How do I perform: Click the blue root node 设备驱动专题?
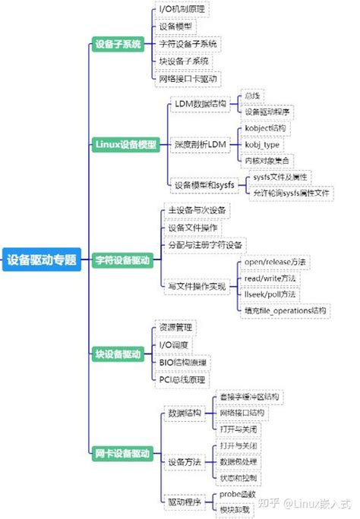(x=42, y=260)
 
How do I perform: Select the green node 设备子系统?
(x=118, y=44)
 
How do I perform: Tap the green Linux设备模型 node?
(x=126, y=144)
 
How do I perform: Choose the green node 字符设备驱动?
(x=122, y=260)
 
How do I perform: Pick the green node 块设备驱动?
(x=118, y=354)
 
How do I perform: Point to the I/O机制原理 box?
(x=181, y=9)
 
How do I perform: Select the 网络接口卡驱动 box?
(x=187, y=78)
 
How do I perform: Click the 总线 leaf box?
(x=251, y=96)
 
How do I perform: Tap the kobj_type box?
(x=262, y=144)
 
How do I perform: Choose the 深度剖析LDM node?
(x=200, y=144)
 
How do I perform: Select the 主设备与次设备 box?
(x=196, y=210)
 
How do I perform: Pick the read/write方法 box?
(x=270, y=278)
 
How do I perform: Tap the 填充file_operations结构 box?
(x=285, y=310)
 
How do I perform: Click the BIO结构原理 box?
(x=182, y=362)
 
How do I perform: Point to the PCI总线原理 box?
(x=182, y=379)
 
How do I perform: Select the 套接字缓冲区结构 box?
(x=248, y=397)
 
